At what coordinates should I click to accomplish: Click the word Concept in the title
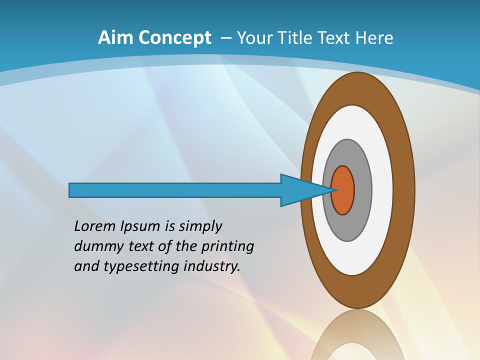[174, 38]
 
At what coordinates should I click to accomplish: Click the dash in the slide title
[225, 38]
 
